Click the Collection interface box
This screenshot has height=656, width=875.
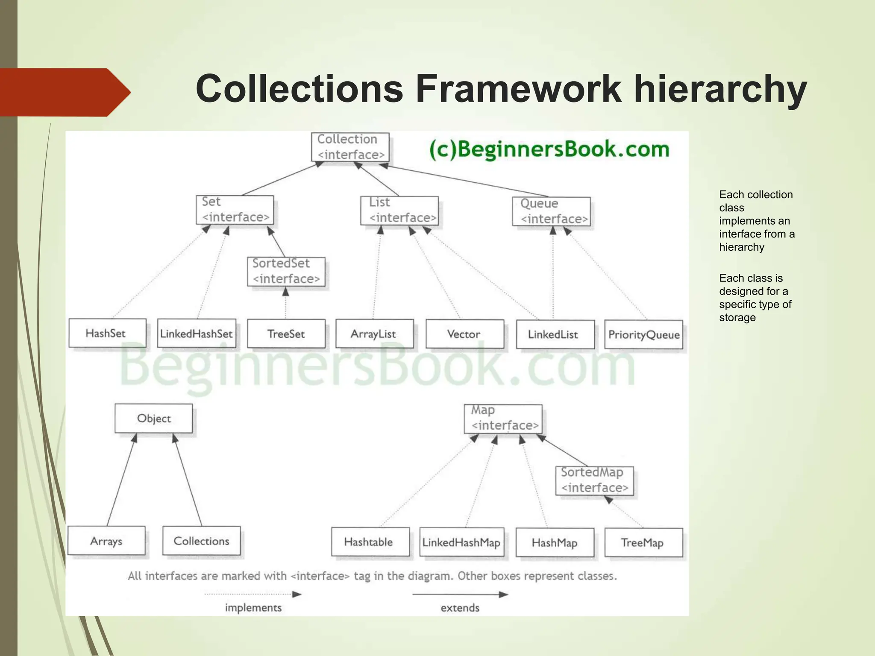350,147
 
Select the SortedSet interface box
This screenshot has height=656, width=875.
286,272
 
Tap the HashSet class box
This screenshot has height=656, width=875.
107,333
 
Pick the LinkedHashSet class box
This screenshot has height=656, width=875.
196,334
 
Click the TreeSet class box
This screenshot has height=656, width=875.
286,334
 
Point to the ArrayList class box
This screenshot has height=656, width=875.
374,334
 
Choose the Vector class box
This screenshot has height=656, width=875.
464,334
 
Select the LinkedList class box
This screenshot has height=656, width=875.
555,334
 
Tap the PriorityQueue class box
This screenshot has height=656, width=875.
643,335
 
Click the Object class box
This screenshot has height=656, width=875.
153,419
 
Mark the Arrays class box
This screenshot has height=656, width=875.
106,541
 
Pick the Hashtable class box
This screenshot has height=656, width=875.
370,542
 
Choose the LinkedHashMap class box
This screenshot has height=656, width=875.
462,542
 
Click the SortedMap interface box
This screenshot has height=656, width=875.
594,480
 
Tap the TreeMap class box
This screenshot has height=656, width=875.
643,543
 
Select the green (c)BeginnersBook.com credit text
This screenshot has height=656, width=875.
549,149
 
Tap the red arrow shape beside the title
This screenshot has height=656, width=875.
64,92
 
